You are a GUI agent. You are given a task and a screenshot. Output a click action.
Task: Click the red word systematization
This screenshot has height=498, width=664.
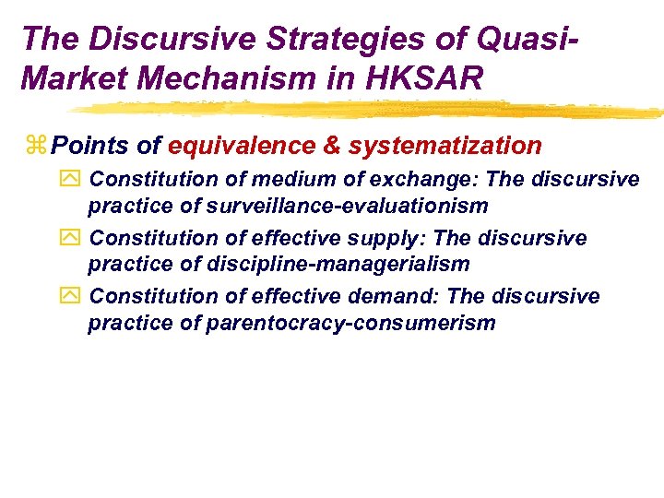[x=445, y=146]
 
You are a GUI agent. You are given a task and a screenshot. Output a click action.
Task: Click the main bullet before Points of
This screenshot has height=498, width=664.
[x=37, y=146]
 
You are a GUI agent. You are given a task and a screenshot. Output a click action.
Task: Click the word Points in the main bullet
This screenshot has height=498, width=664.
[x=83, y=146]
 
